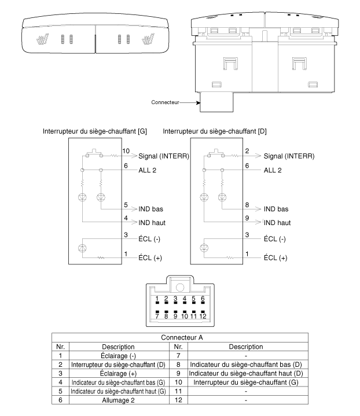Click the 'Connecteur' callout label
tap(165, 102)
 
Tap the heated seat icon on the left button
tap(42, 39)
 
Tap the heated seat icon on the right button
tap(148, 39)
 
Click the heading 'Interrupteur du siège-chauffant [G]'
tap(95, 131)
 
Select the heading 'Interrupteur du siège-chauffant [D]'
tap(215, 131)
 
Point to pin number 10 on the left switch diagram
tap(126, 151)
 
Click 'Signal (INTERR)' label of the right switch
tap(289, 156)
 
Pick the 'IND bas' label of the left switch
tap(150, 209)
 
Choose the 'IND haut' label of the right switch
tap(277, 223)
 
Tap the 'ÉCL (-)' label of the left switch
tap(149, 239)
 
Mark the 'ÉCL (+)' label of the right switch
tap(275, 257)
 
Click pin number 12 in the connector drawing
tap(203, 316)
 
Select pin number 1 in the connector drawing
tap(157, 299)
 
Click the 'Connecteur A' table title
tap(182, 337)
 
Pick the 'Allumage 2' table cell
tap(119, 400)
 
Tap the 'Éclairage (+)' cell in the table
tap(118, 374)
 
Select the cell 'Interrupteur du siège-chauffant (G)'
tap(246, 382)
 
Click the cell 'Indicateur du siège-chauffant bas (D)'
tap(246, 365)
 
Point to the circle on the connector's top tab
tap(180, 288)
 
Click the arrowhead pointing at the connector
tap(199, 102)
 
